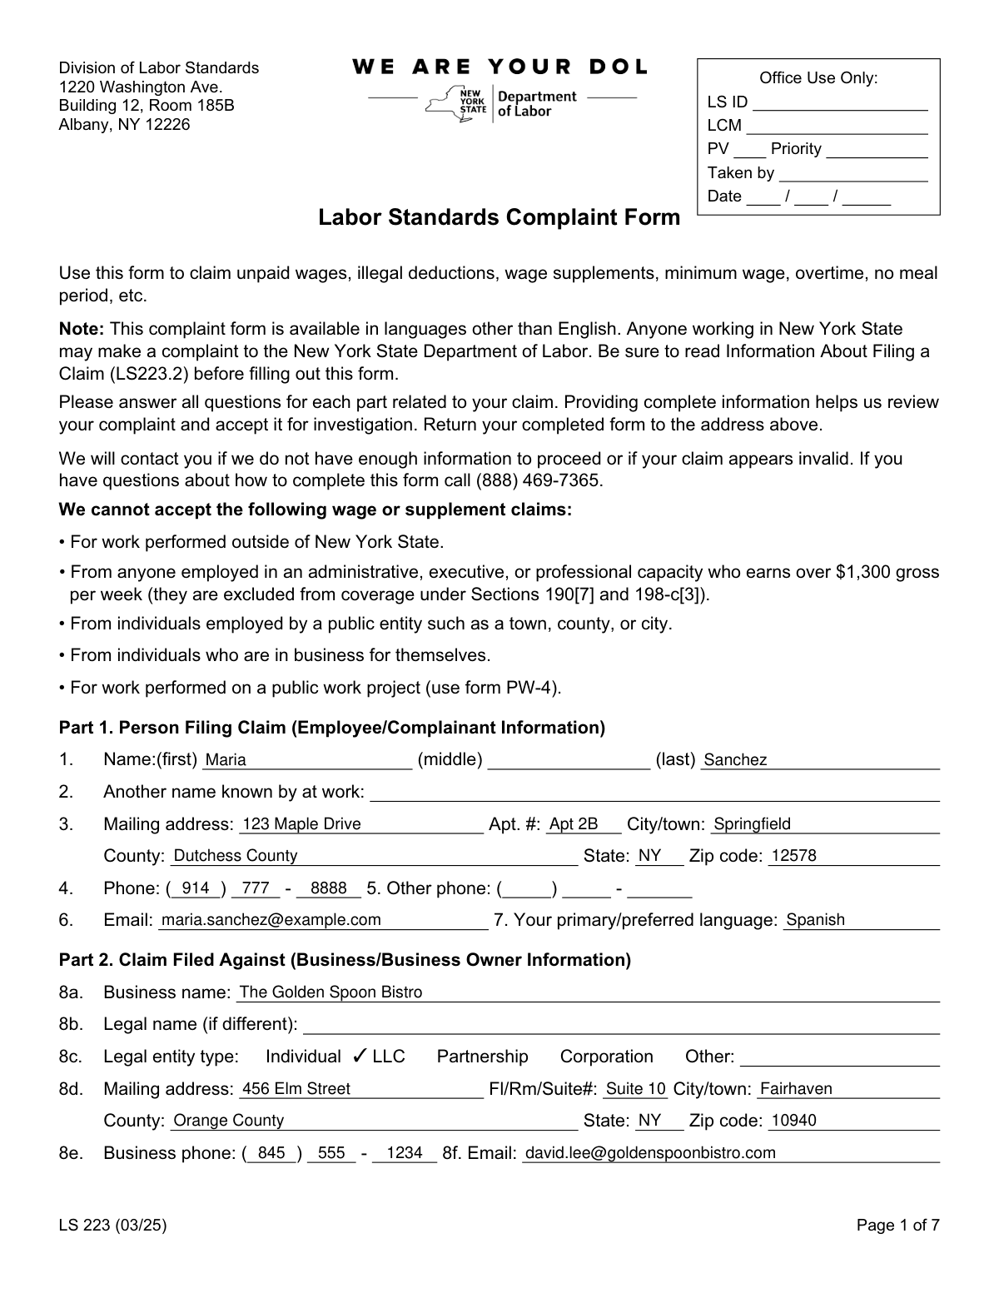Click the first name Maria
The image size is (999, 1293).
click(x=226, y=760)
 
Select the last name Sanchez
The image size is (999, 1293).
click(x=735, y=760)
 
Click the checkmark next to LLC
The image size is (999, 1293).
click(x=360, y=1057)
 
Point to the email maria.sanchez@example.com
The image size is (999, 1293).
click(x=271, y=920)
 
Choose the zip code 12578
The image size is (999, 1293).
click(x=794, y=856)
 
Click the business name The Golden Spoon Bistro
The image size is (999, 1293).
click(x=331, y=992)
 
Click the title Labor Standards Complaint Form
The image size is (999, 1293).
click(x=499, y=218)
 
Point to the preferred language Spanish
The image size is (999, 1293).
click(x=815, y=920)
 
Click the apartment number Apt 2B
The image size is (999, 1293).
click(x=574, y=824)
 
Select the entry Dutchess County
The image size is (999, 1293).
click(x=236, y=856)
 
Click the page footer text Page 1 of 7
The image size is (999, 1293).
click(x=898, y=1225)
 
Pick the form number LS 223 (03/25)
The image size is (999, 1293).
click(x=112, y=1225)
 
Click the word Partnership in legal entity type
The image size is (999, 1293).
click(x=482, y=1057)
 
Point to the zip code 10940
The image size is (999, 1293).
click(x=794, y=1121)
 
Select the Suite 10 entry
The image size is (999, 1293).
click(x=636, y=1089)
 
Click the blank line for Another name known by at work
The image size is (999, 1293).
click(x=654, y=793)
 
